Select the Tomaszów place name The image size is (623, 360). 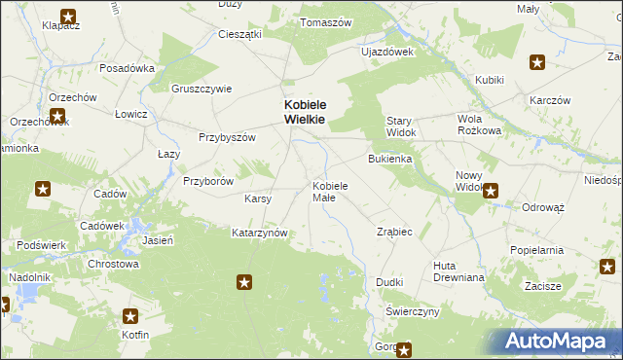point(326,22)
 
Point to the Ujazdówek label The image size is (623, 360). point(387,52)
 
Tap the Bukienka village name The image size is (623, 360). point(389,158)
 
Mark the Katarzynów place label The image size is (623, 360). point(259,234)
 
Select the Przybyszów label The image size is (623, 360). point(227,137)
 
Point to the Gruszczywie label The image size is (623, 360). point(202,89)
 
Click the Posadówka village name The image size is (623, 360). point(128,69)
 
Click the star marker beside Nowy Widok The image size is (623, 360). point(492,192)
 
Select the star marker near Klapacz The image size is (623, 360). point(68,16)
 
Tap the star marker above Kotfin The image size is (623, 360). point(131,316)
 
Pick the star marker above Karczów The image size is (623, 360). point(537,63)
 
